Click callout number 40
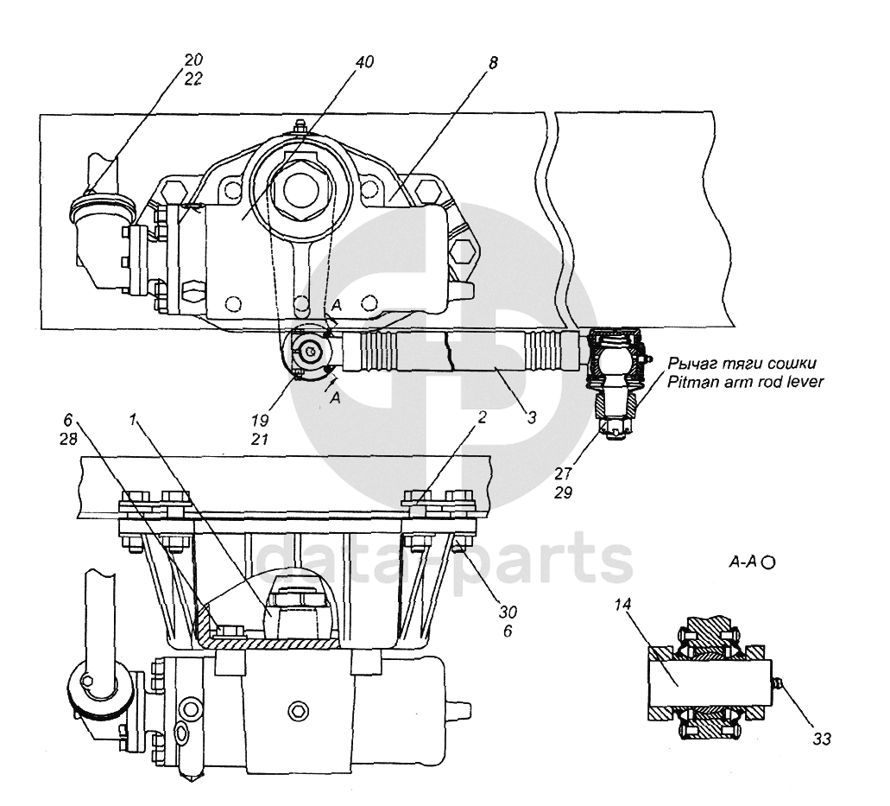(364, 61)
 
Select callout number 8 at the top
(493, 62)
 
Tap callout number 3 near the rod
(531, 417)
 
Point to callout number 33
(821, 739)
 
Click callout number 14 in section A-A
(622, 605)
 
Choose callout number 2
(482, 417)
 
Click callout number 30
(508, 612)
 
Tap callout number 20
(193, 59)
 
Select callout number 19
(260, 421)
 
